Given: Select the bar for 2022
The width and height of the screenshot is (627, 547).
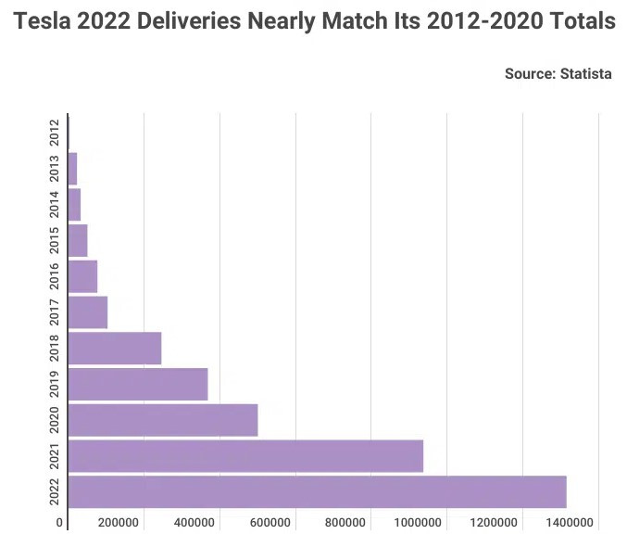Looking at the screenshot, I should point(317,491).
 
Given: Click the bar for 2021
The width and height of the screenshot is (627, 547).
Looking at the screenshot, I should point(245,455).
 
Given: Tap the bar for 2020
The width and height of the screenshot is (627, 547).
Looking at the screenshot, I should point(163,420).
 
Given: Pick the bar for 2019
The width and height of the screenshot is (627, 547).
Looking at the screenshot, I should point(138,384).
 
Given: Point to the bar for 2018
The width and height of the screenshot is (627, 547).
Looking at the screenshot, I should point(115,348).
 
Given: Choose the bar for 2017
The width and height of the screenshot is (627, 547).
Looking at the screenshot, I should point(88,312).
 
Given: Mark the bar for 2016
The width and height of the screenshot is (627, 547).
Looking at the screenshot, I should point(82,276).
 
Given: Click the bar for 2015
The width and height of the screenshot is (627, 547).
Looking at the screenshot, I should point(78,240).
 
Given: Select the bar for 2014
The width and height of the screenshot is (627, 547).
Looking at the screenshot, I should point(74,204).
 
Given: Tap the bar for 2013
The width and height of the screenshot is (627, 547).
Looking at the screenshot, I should point(72,169).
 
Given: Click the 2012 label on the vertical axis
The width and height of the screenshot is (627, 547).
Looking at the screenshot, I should point(55,133).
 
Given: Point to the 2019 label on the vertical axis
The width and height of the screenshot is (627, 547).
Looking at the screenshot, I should point(55,384).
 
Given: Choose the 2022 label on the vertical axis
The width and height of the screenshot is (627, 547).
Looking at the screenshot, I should point(55,491).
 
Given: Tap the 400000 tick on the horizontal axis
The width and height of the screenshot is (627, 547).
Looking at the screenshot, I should point(194,523).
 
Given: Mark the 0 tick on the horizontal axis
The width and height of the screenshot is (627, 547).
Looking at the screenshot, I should point(60,523).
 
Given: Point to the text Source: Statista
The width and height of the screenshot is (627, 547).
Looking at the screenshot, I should point(558,73).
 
